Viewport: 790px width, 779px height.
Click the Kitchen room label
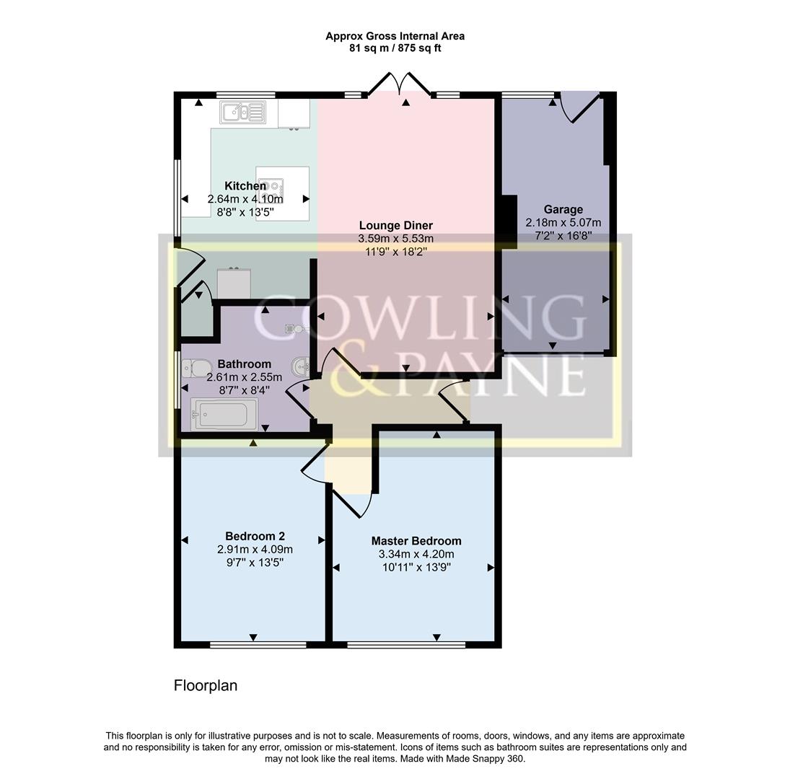click(245, 186)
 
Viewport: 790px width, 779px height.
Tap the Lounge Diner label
click(396, 226)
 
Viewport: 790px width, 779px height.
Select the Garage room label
click(563, 210)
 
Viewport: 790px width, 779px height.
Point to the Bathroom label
click(244, 364)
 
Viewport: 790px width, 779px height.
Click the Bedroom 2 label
click(255, 536)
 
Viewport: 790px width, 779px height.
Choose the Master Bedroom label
click(416, 541)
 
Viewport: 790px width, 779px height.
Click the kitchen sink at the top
click(243, 112)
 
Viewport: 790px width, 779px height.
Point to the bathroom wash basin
click(301, 366)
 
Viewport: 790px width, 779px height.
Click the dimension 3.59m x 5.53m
click(396, 239)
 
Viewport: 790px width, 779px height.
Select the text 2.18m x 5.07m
click(563, 223)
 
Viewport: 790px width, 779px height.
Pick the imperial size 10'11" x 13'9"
click(416, 567)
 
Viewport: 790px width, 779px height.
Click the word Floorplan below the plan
click(206, 685)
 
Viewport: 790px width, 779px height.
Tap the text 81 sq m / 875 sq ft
click(395, 48)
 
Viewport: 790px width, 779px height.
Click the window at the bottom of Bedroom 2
click(258, 644)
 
